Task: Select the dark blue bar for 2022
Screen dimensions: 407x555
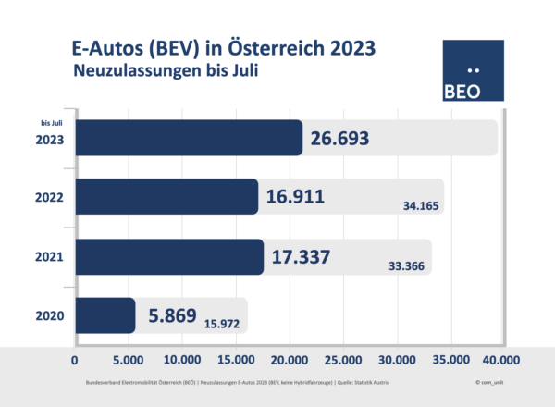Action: point(166,197)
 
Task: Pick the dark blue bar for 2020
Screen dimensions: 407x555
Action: point(105,315)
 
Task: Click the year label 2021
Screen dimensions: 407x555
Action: point(46,256)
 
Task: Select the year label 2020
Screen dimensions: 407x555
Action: point(46,315)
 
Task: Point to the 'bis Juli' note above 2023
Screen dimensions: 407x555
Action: point(51,123)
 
